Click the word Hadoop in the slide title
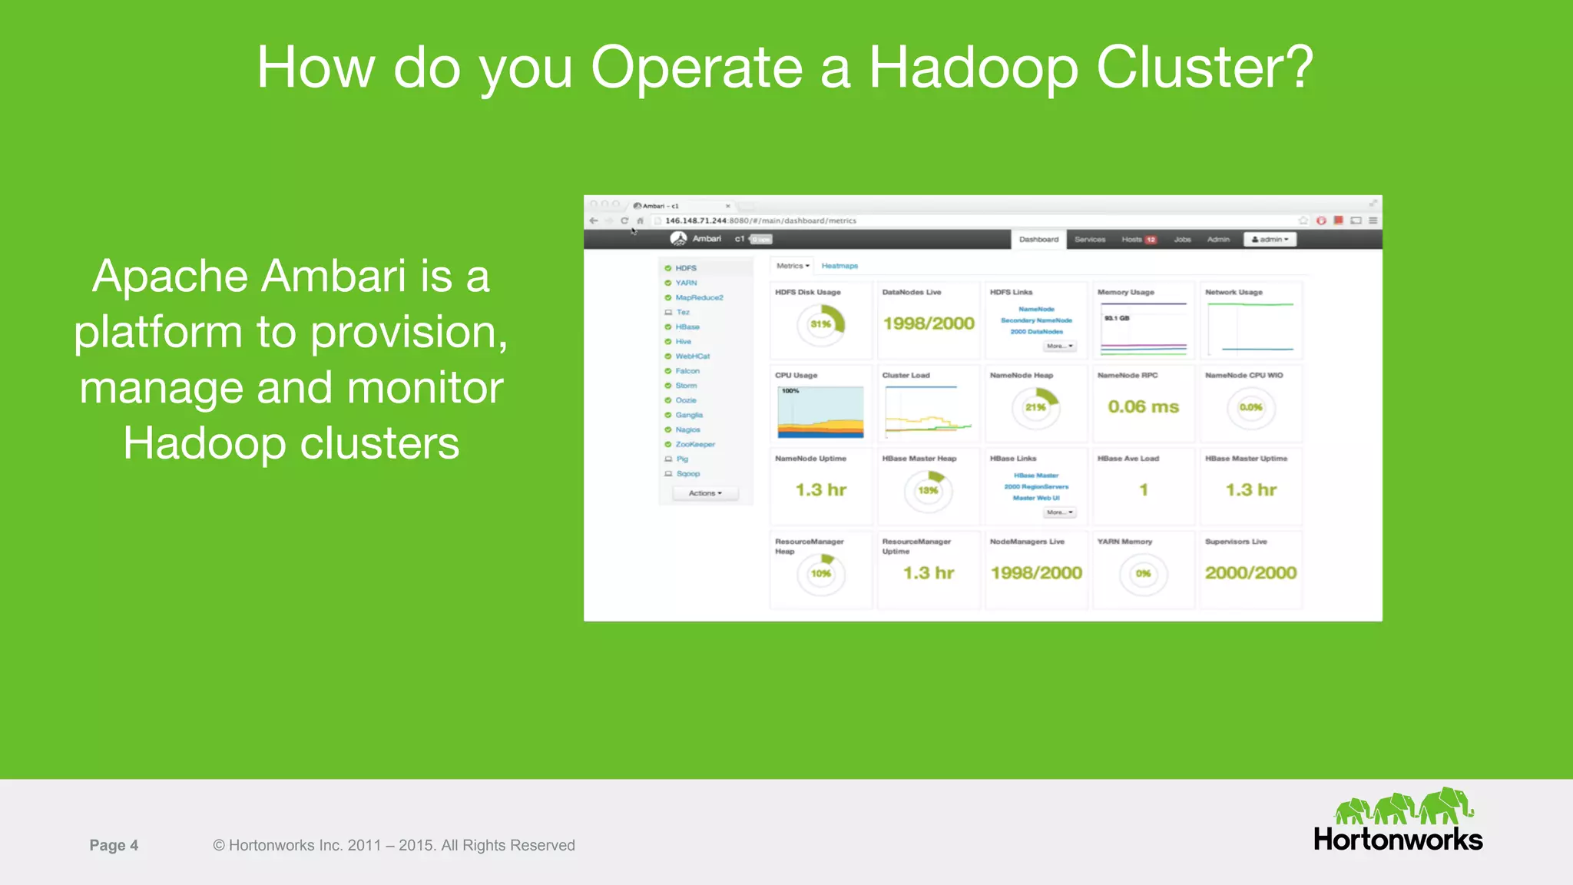(972, 68)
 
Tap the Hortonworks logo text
(1397, 840)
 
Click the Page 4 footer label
(114, 845)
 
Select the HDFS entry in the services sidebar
(686, 268)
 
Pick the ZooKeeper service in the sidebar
(694, 444)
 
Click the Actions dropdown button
(705, 493)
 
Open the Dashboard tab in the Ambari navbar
(1038, 240)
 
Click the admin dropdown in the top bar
(1270, 240)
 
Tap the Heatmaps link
(839, 266)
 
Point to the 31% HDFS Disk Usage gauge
(821, 324)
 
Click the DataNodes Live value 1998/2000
(929, 323)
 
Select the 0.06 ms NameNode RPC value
(1143, 406)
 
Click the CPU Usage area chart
(820, 413)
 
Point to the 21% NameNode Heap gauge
(1035, 407)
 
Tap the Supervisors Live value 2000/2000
(1250, 572)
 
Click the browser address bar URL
(760, 220)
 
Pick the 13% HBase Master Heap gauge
(928, 490)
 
